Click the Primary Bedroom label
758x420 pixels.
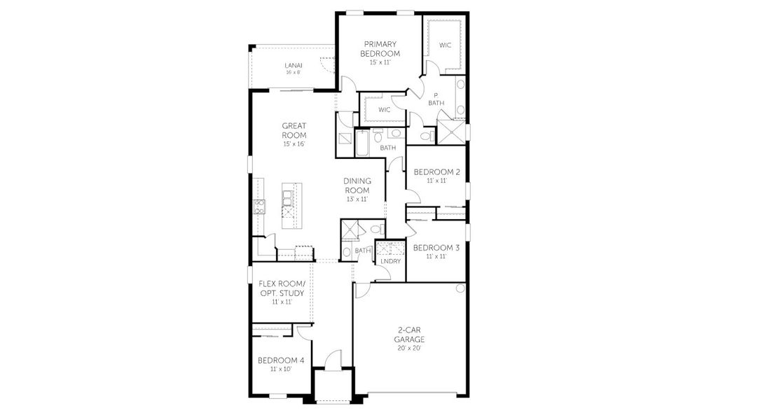[380, 48]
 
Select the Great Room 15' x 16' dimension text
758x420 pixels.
[294, 143]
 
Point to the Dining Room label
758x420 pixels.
[357, 185]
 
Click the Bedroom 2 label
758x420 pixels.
[436, 172]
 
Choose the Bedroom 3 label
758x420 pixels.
[436, 248]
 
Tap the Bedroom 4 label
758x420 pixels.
[280, 360]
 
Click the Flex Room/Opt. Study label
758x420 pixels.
[281, 288]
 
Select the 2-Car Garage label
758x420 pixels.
[408, 335]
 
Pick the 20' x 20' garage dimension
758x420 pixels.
[408, 348]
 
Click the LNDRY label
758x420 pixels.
[390, 261]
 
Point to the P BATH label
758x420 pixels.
[436, 99]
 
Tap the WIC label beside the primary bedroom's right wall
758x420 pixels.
[445, 45]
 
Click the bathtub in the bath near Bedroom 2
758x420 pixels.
[363, 143]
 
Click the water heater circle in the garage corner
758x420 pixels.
[460, 288]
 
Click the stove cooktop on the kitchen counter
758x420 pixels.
[259, 206]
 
